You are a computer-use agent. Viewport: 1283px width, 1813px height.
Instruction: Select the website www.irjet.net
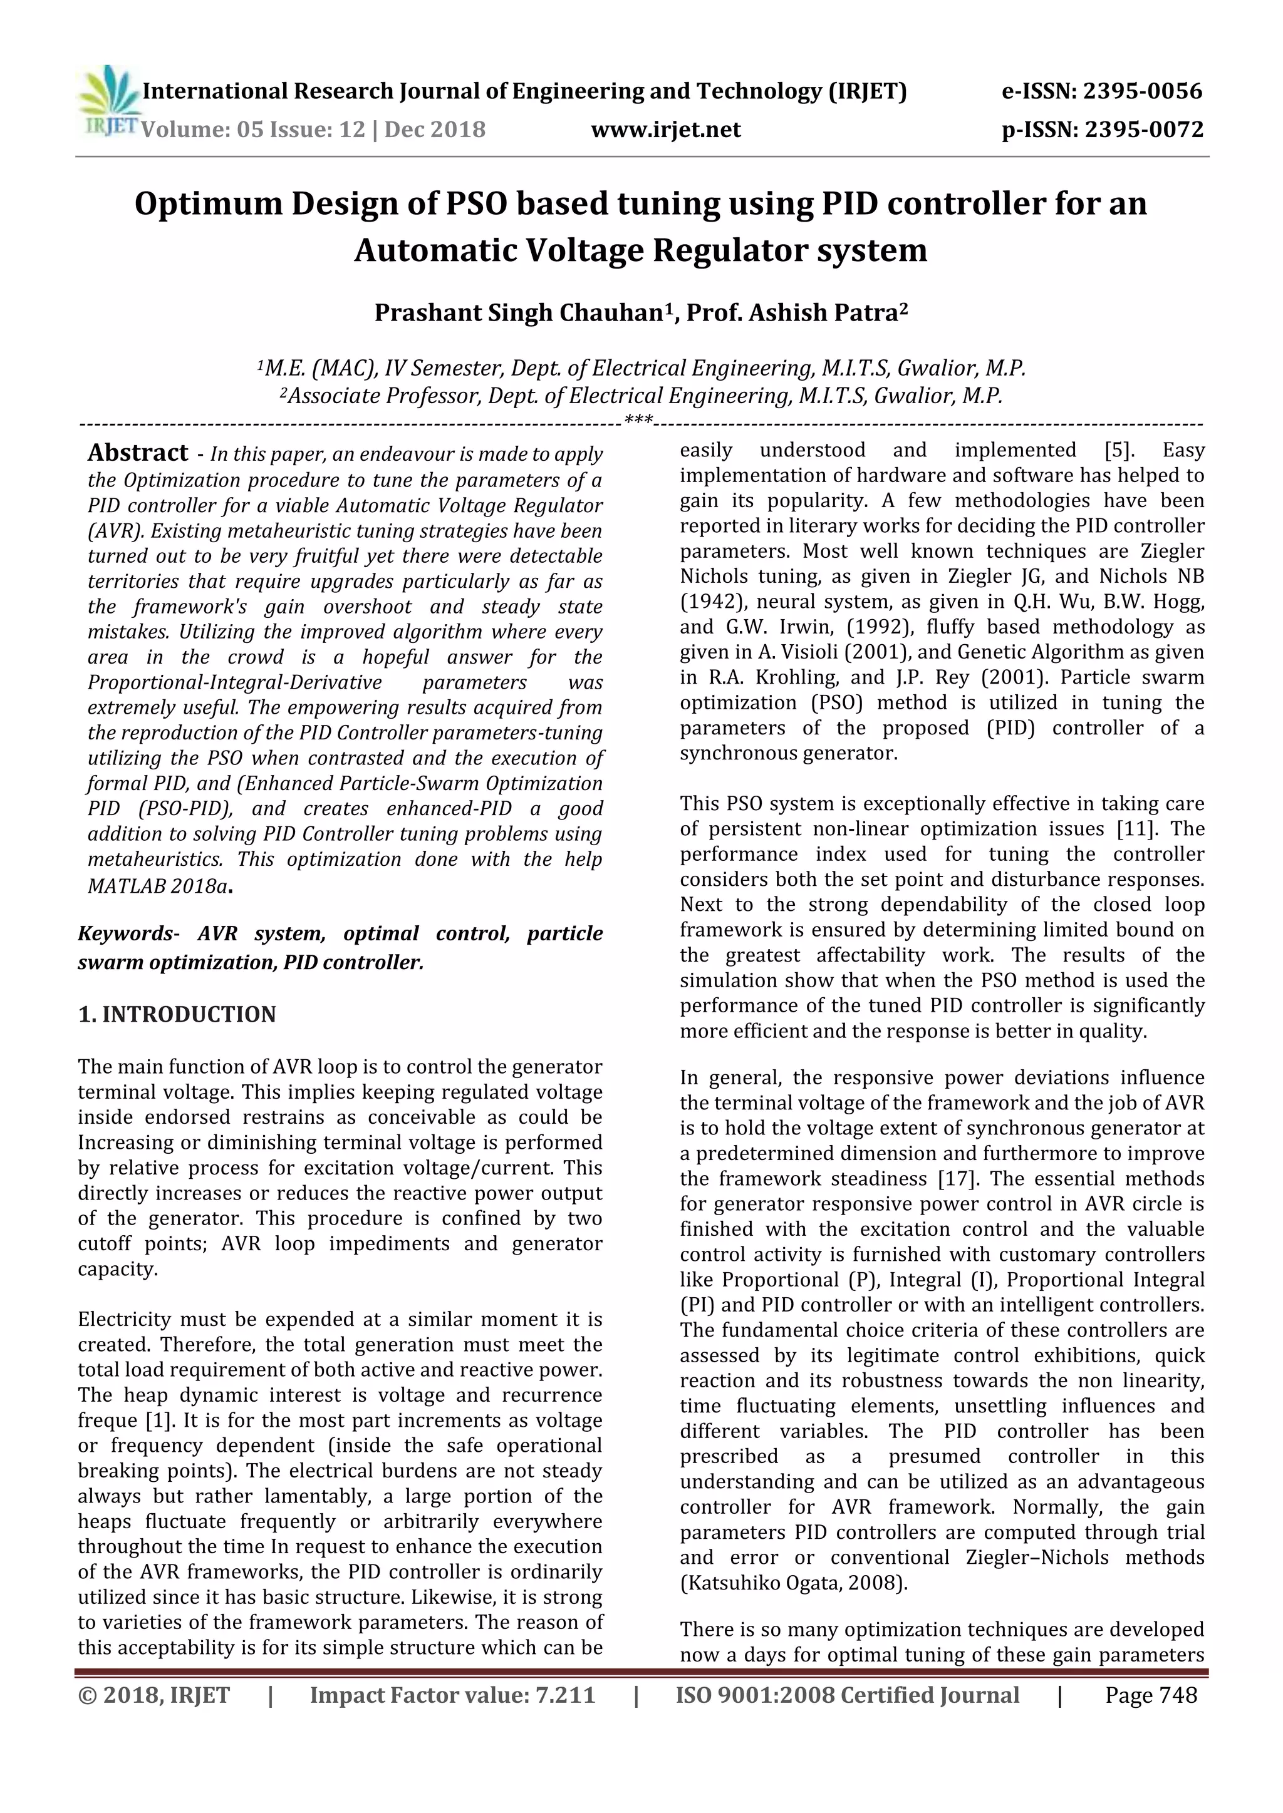point(666,130)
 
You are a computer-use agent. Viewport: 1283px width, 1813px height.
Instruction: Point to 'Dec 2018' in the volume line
point(435,130)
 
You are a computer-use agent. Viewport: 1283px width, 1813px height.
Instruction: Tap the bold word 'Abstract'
point(138,453)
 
